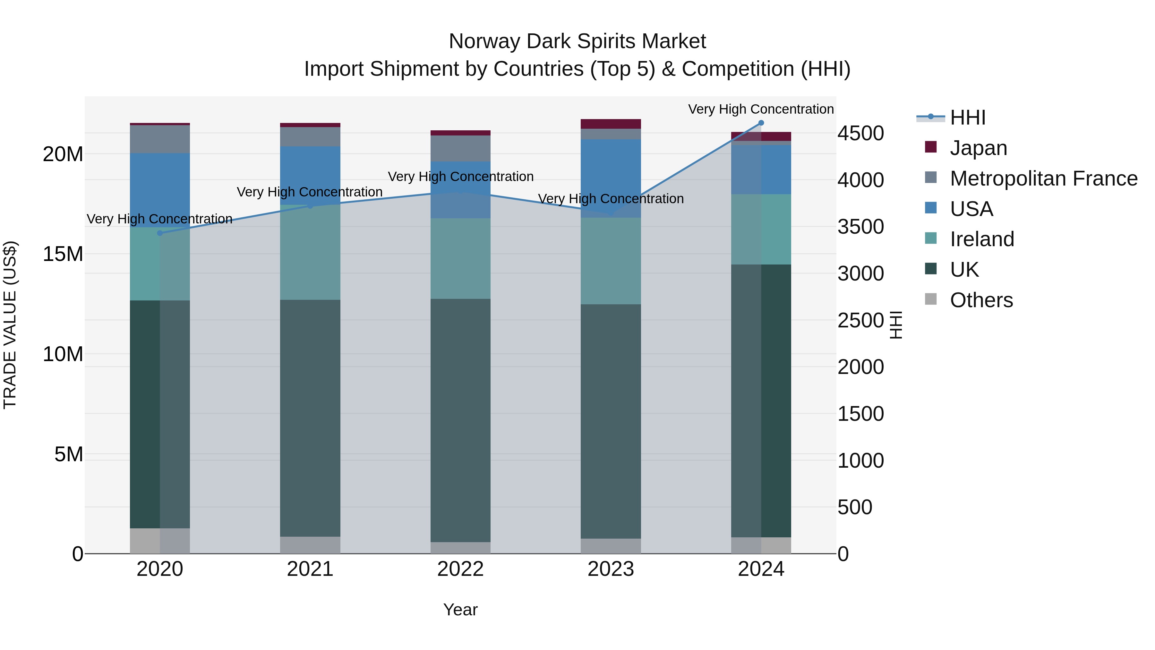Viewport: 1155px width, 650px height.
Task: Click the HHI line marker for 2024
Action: [761, 123]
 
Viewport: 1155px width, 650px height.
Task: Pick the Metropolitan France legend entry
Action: [1043, 178]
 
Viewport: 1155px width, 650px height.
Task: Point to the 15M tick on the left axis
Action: [63, 254]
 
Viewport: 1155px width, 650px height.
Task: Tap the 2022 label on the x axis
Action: [460, 569]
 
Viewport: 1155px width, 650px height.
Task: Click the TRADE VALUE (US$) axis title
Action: [10, 325]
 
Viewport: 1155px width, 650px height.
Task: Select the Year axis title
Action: [460, 610]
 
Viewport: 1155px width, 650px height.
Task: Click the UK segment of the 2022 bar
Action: [460, 420]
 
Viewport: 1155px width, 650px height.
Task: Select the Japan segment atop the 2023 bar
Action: [611, 124]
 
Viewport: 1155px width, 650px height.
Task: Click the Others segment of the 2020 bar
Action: [160, 541]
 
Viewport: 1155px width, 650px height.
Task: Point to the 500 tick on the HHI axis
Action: [855, 507]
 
